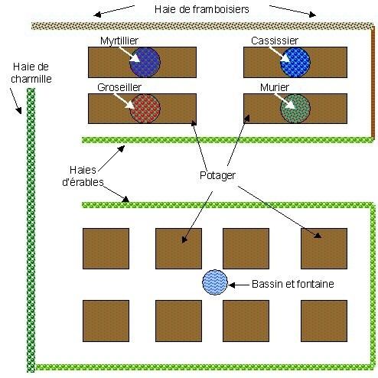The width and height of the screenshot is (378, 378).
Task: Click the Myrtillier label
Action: tap(119, 41)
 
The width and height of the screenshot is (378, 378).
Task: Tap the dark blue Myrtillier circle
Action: tap(145, 62)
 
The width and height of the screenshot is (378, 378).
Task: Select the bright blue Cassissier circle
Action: tap(295, 62)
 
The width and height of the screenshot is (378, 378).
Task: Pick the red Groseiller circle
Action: tap(145, 109)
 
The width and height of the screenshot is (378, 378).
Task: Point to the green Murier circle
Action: tap(295, 109)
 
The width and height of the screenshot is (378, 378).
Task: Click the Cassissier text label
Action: tap(275, 41)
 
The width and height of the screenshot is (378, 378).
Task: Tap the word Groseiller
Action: tap(119, 87)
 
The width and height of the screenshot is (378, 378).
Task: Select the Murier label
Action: tap(275, 87)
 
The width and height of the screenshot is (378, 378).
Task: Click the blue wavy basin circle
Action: tap(215, 282)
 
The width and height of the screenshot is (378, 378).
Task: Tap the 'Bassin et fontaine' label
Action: tap(293, 284)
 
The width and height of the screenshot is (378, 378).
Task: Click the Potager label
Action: tap(217, 175)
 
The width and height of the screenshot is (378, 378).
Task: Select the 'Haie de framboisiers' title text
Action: tap(201, 9)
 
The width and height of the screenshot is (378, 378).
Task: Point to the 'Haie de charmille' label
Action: tap(31, 73)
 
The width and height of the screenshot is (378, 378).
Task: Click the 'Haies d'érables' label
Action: tap(83, 176)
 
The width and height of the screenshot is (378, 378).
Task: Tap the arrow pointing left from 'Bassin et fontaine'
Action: tap(238, 285)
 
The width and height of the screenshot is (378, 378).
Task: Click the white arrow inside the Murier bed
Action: tap(285, 102)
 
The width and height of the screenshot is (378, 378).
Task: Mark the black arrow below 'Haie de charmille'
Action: tap(16, 101)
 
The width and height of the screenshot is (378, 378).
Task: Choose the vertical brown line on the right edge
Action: tap(373, 83)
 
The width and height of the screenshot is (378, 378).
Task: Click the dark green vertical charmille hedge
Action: tap(31, 230)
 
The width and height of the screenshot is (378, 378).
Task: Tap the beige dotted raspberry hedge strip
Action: tap(202, 26)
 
